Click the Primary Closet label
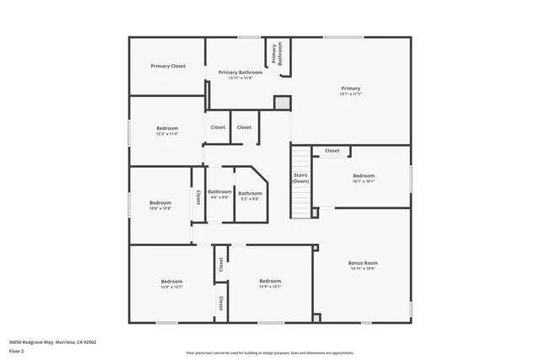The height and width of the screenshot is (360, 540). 168,66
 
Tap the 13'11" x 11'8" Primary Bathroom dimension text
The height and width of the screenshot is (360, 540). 240,78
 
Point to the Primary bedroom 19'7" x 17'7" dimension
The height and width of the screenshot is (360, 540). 350,94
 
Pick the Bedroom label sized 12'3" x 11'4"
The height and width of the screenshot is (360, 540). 167,128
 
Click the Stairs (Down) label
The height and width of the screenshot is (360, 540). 300,178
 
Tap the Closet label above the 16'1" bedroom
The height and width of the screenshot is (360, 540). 332,151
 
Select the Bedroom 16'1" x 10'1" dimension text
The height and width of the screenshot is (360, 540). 364,181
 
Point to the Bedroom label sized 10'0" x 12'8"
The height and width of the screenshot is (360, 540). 160,202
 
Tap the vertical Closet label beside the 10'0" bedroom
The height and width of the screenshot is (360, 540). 198,196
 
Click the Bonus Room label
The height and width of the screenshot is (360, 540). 363,263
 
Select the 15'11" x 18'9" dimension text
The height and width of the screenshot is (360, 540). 363,270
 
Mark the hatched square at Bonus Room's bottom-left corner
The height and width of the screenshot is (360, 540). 316,318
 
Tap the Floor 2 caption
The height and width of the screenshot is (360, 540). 16,350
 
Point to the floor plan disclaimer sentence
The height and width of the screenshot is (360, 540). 269,352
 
